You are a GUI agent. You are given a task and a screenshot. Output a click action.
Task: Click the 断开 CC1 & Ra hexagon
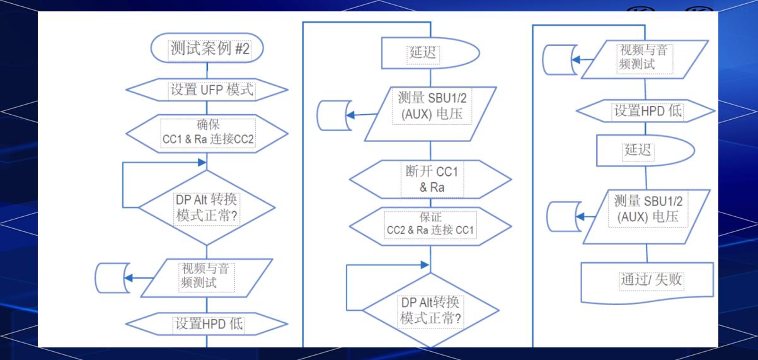point(430,180)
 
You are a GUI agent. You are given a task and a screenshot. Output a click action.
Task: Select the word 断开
point(415,171)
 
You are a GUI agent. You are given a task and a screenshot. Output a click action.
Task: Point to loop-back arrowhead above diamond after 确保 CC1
point(202,162)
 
